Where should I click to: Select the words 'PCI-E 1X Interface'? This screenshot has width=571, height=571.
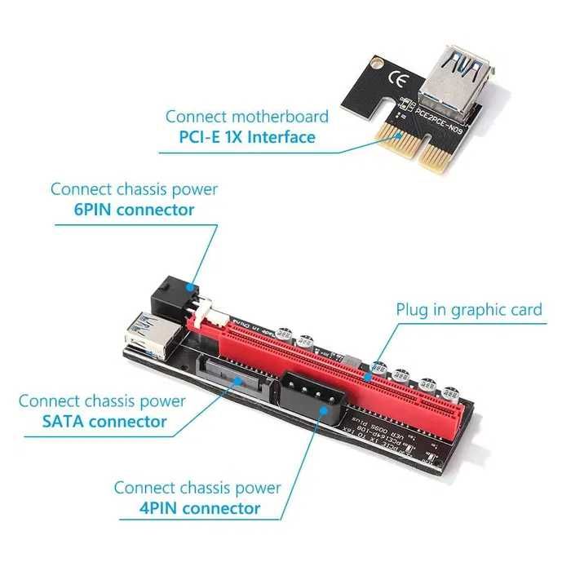[247, 137]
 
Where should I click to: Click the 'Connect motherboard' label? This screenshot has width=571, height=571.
[247, 117]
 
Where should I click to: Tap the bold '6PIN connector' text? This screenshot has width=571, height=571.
[134, 210]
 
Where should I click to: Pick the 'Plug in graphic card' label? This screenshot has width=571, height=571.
[469, 310]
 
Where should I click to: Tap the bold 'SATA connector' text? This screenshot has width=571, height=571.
[104, 422]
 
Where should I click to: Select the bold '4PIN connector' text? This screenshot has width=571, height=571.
[201, 508]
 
